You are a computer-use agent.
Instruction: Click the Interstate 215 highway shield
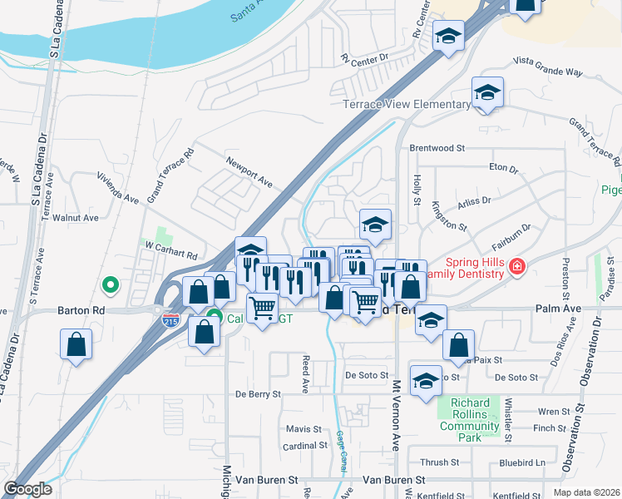[x=170, y=319]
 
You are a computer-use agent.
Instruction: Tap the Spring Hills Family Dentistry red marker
[x=517, y=265]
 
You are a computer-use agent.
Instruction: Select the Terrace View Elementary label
[x=407, y=104]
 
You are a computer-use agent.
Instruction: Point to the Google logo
[x=27, y=489]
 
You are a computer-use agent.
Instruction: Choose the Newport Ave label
[x=249, y=170]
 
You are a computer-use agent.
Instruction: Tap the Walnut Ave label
[x=76, y=218]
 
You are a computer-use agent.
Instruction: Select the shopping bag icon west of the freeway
[x=76, y=344]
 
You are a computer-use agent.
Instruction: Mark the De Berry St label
[x=259, y=393]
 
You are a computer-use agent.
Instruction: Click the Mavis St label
[x=304, y=429]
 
